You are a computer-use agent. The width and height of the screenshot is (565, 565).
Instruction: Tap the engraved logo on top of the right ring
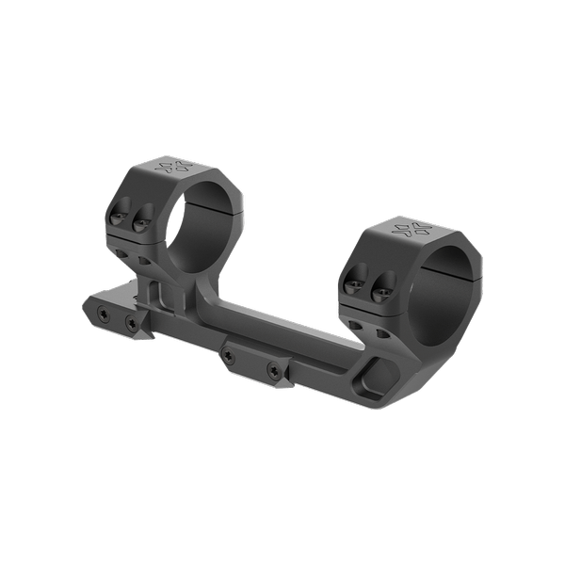[x=410, y=229]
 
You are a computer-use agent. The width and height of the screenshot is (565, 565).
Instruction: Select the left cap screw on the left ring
[x=117, y=218]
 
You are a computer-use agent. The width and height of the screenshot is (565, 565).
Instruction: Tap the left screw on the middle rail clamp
[x=229, y=356]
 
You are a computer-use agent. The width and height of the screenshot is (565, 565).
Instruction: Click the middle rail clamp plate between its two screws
[x=250, y=361]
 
